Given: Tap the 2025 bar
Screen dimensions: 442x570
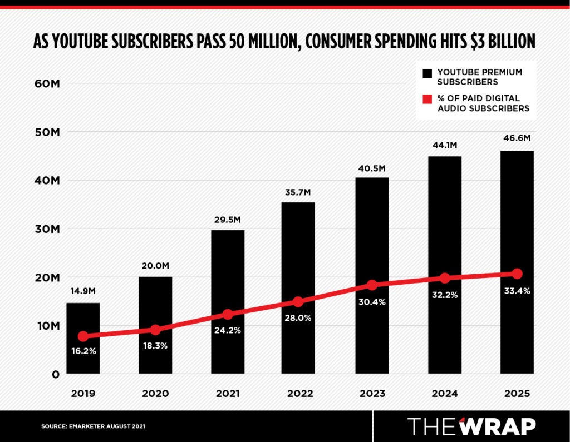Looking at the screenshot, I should pyautogui.click(x=517, y=222).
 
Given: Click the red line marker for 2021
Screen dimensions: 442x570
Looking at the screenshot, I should pyautogui.click(x=227, y=314).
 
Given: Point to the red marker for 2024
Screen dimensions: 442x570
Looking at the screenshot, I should pyautogui.click(x=444, y=278).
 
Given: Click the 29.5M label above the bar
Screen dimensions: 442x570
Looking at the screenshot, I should pyautogui.click(x=227, y=220).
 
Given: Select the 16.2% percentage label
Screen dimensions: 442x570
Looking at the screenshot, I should pyautogui.click(x=83, y=351).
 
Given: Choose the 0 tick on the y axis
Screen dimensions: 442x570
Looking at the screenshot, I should pyautogui.click(x=56, y=374).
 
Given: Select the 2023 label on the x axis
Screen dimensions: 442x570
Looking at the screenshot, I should pyautogui.click(x=372, y=394).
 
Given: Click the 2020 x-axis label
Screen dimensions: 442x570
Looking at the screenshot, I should pyautogui.click(x=155, y=394).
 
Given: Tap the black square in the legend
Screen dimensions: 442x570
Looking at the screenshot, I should pyautogui.click(x=427, y=73).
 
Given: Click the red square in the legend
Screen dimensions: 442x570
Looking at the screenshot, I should pyautogui.click(x=427, y=100).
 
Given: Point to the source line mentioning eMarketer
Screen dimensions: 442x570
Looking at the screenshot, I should pyautogui.click(x=93, y=426).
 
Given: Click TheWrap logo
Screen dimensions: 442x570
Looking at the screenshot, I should pyautogui.click(x=471, y=426).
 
